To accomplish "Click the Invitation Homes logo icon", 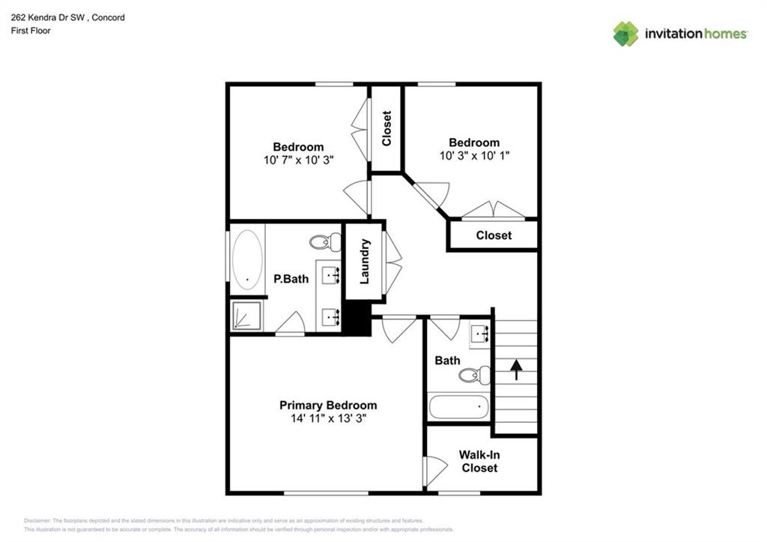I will [625, 34].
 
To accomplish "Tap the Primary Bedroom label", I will [328, 405].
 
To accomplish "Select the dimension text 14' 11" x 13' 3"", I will [328, 418].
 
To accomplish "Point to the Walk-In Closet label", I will [479, 461].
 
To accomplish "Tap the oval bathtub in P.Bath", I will [247, 259].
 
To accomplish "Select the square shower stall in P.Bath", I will [246, 316].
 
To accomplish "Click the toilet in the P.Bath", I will [325, 242].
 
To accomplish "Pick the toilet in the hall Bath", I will [474, 375].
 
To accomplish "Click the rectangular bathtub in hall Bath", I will [458, 408].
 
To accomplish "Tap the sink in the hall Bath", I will [479, 334].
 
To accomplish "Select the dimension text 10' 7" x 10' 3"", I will [298, 160].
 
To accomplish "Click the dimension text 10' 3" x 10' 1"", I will [474, 156].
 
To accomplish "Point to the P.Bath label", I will [291, 279].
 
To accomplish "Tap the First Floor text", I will [31, 31].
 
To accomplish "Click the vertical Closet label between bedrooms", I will [386, 128].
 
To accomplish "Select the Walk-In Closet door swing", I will [434, 471].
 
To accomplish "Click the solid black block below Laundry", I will [357, 318].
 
